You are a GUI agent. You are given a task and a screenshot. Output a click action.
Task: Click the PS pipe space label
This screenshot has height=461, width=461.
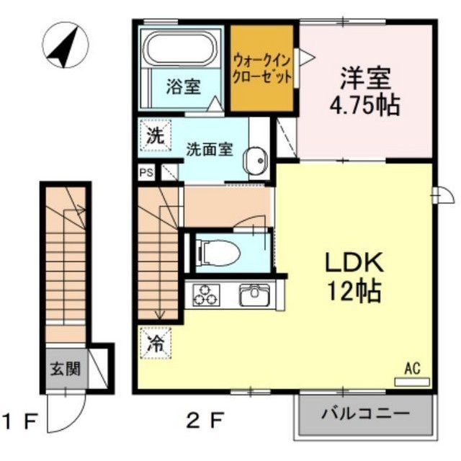pos(146,173)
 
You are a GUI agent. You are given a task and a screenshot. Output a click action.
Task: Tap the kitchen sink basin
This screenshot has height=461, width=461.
pos(254,295)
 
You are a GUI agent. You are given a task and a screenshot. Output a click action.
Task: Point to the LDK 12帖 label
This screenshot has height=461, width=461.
pos(351,276)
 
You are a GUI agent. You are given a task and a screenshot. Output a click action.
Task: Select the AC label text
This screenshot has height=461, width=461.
pos(411,368)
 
